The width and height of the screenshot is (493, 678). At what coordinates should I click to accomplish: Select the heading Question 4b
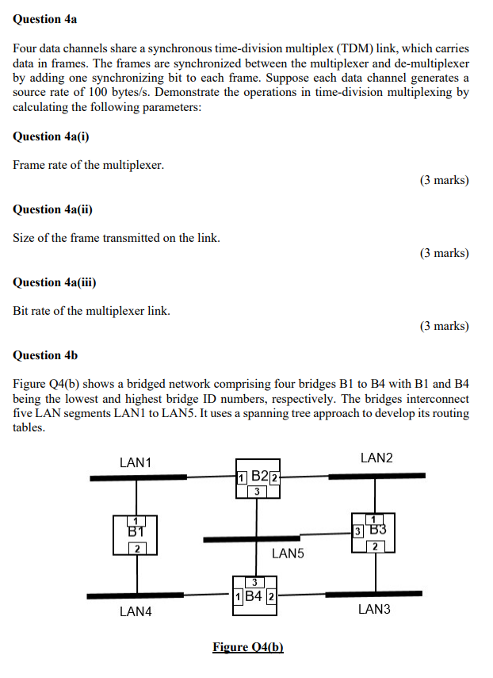pyautogui.click(x=45, y=355)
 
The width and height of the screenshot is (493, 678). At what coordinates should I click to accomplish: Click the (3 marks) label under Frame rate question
pyautogui.click(x=445, y=181)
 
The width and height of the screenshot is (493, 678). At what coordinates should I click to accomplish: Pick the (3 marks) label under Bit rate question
pyautogui.click(x=445, y=327)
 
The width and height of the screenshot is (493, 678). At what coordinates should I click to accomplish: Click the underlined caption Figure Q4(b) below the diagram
pyautogui.click(x=248, y=647)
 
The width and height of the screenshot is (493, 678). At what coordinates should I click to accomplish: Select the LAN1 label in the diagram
pyautogui.click(x=136, y=462)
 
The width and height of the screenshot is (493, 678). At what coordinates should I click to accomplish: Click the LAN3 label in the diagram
pyautogui.click(x=375, y=609)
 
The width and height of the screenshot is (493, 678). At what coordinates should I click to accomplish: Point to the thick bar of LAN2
pyautogui.click(x=376, y=476)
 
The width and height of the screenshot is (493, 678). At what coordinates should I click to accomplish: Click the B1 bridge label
pyautogui.click(x=136, y=531)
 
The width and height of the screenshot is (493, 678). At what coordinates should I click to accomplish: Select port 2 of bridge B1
pyautogui.click(x=136, y=549)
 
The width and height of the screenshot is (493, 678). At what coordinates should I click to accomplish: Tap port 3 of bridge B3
pyautogui.click(x=358, y=531)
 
